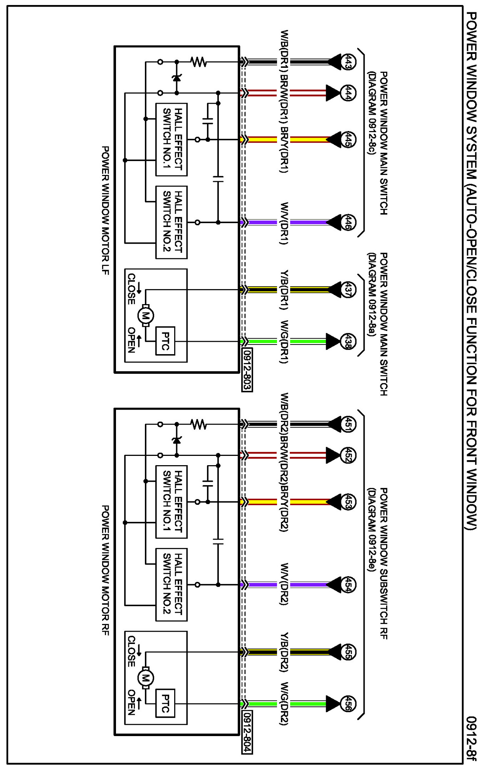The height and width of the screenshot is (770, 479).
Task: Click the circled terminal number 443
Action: [348, 62]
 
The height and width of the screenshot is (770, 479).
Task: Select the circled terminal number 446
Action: [348, 222]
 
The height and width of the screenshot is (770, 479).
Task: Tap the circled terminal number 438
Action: [348, 341]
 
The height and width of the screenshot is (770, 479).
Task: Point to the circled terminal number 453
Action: [348, 502]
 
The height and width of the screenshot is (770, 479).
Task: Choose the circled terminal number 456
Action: [348, 704]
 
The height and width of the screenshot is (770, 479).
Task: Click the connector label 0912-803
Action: [247, 370]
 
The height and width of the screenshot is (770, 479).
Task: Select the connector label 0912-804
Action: [247, 732]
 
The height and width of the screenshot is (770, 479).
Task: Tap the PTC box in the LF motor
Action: [165, 341]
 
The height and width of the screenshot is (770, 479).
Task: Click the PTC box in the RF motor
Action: [165, 703]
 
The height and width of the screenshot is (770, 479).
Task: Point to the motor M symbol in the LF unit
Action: [146, 316]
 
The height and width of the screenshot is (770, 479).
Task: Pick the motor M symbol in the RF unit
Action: [146, 678]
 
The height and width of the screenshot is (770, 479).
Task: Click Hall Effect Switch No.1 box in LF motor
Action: [171, 140]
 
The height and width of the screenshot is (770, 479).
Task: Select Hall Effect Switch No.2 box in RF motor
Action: [171, 585]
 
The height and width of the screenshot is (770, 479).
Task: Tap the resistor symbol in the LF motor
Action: [199, 62]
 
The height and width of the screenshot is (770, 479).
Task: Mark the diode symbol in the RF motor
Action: [177, 440]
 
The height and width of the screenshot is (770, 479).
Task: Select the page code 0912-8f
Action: [471, 738]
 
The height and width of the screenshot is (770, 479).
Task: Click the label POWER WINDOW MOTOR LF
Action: [105, 210]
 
